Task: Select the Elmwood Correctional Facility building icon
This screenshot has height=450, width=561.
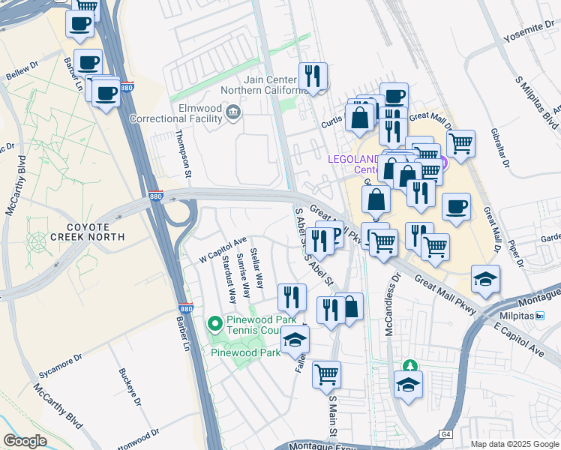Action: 232,113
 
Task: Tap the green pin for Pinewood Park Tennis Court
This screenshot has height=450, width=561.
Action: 214,324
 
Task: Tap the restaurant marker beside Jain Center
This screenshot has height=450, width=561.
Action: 312,76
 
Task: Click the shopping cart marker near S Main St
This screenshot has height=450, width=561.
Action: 326,373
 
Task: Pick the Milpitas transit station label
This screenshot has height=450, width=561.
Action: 529,316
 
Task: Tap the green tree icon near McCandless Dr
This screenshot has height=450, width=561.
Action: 409,366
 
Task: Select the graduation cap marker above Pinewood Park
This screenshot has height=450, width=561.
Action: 295,340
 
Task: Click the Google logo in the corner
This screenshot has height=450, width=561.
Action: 25,441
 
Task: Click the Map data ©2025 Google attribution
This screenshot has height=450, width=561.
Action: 514,444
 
